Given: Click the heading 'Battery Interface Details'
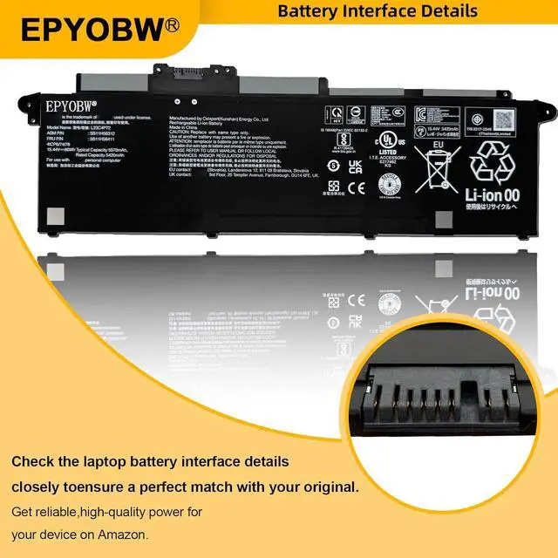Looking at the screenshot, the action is (x=377, y=11).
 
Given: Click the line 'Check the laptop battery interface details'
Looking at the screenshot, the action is (x=151, y=460).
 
